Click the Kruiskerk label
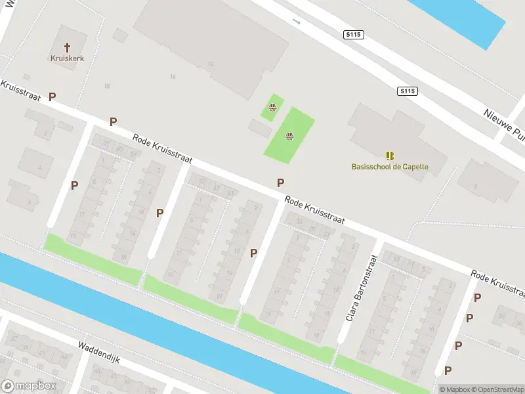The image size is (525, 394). point(67,58)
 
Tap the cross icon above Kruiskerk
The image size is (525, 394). point(67,47)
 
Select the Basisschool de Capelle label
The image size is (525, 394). point(390,166)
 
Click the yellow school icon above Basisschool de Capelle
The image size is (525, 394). point(390,156)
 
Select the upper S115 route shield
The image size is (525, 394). point(353,34)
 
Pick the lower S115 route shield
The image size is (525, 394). point(407,92)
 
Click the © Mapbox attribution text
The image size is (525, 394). point(455,389)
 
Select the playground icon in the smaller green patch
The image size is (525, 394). point(272,108)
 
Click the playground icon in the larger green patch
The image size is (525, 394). point(289,137)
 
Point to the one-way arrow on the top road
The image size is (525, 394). point(296,21)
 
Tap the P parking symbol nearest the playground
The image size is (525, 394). point(280,183)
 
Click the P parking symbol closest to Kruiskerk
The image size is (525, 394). point(52,97)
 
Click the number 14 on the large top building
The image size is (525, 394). point(210,64)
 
